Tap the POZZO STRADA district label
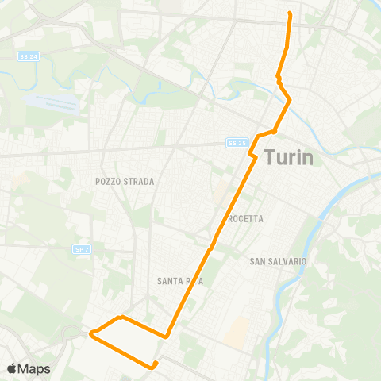coord(125,181)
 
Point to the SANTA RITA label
coord(182,280)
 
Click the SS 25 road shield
coord(237,143)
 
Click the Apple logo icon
coord(13,368)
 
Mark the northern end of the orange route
coord(289,14)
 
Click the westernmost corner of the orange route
coord(90,333)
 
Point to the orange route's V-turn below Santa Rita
coord(168,335)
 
